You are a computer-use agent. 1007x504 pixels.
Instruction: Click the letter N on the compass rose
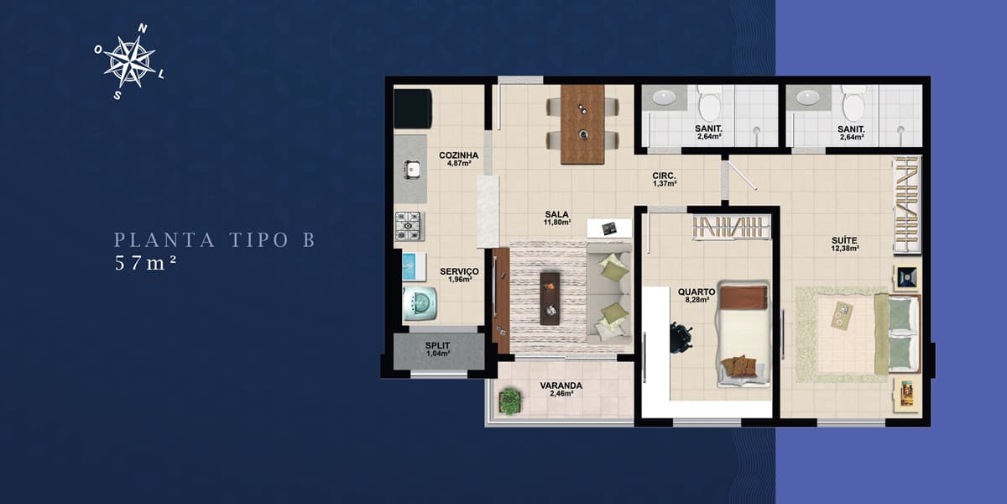tap(143, 29)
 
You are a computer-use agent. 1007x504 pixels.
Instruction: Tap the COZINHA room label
tap(458, 155)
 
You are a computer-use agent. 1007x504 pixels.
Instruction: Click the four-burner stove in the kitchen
tap(410, 226)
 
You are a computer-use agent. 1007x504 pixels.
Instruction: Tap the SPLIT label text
tap(437, 345)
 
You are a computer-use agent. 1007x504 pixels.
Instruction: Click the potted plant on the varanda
tap(510, 402)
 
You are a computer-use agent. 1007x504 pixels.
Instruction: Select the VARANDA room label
tap(561, 386)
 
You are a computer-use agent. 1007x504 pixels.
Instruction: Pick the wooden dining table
tap(582, 124)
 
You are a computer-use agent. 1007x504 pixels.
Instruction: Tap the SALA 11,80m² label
tap(557, 218)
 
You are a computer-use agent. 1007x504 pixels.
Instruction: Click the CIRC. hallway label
tap(664, 176)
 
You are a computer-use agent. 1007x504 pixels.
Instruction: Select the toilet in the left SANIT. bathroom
tap(710, 103)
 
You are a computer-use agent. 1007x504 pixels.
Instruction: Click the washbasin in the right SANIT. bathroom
tap(808, 97)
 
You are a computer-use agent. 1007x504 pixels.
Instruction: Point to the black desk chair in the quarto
tap(681, 338)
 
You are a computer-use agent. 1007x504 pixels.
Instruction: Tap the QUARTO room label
tap(697, 292)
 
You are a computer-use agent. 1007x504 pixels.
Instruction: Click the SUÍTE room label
tap(844, 241)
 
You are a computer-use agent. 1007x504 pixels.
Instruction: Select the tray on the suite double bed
tap(842, 316)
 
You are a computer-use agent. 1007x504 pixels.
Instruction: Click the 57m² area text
tap(144, 263)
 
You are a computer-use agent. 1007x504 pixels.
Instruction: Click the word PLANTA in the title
tap(164, 240)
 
